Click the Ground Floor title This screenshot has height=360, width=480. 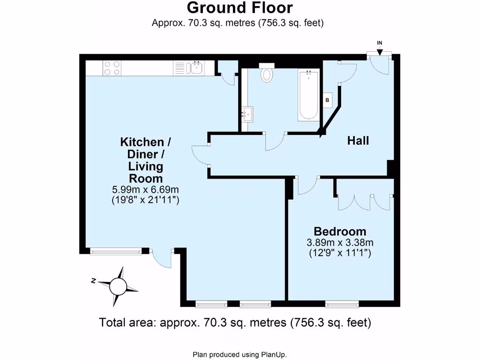click(x=240, y=8)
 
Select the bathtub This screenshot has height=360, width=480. click(x=308, y=94)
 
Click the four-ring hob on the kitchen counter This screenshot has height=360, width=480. click(x=111, y=68)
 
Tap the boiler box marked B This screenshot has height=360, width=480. click(x=328, y=100)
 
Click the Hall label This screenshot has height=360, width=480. click(x=358, y=141)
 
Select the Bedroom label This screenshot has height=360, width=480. click(x=340, y=231)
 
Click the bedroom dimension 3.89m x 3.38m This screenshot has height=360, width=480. click(x=340, y=243)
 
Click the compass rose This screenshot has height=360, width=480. click(x=117, y=285)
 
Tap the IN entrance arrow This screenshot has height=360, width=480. click(x=380, y=47)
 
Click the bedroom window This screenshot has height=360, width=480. click(x=342, y=304)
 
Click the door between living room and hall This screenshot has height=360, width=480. click(x=201, y=155)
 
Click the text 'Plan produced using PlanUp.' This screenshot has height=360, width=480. click(x=240, y=354)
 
